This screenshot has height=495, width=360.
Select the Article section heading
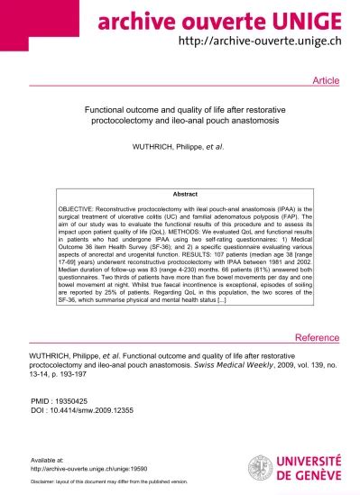pos(325,81)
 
